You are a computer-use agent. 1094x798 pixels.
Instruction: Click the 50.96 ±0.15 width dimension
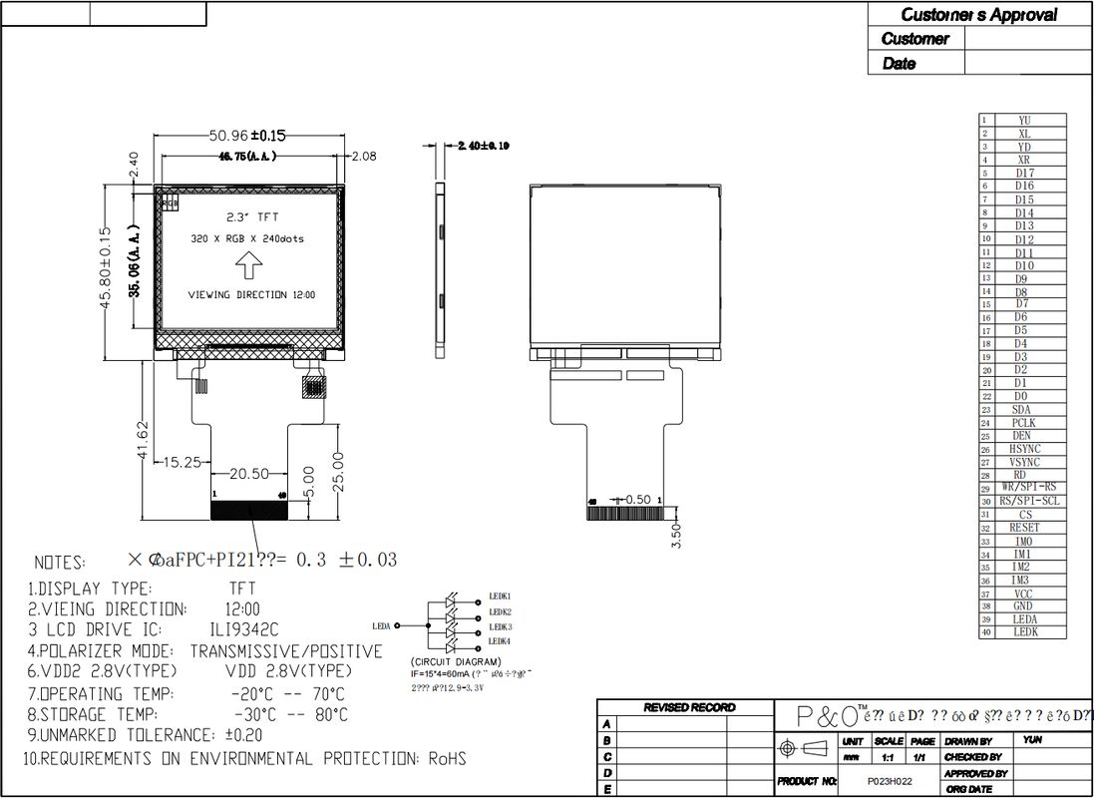click(x=247, y=136)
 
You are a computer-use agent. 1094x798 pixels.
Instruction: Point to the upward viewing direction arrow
click(x=248, y=265)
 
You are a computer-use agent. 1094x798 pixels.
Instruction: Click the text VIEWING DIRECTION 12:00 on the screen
click(x=251, y=295)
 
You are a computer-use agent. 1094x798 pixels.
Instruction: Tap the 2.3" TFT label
click(x=248, y=215)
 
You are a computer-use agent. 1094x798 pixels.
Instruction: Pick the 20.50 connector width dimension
click(x=250, y=475)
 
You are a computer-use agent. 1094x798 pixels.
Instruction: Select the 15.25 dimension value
click(x=182, y=462)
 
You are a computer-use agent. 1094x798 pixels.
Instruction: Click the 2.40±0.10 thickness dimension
click(x=483, y=146)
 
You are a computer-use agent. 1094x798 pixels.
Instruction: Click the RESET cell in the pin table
click(x=1023, y=528)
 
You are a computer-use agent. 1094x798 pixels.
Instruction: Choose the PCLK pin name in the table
click(x=1023, y=423)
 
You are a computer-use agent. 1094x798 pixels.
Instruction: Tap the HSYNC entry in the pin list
click(x=1023, y=449)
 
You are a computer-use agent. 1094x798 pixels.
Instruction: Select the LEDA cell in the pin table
click(x=1023, y=619)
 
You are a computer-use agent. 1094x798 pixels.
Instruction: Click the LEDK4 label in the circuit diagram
click(x=499, y=640)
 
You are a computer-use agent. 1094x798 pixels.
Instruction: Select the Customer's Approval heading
click(x=978, y=15)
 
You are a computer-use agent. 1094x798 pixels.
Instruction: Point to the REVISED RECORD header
click(x=689, y=707)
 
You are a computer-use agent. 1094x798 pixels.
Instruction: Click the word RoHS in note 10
click(x=447, y=759)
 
